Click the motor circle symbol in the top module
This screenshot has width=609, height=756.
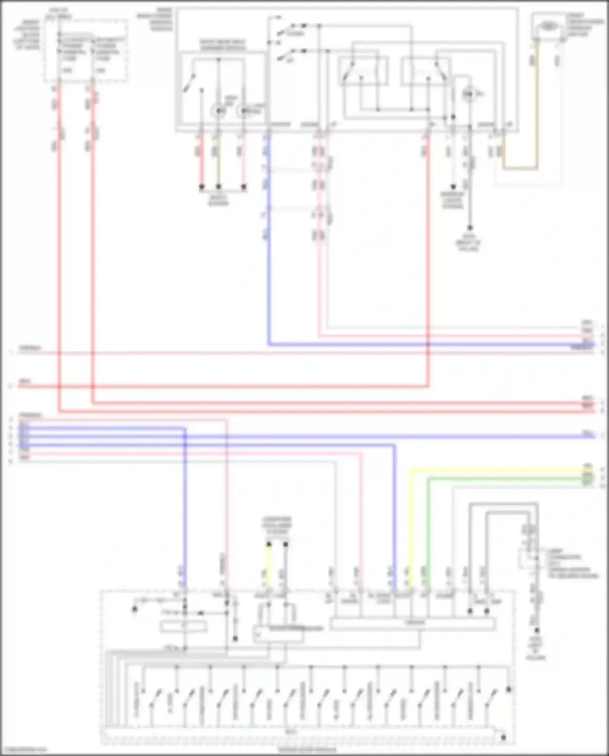coord(468,94)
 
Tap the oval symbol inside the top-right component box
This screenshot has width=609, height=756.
coord(548,26)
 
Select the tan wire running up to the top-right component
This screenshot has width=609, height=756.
coord(537,102)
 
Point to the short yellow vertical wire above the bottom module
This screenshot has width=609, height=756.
coord(268,565)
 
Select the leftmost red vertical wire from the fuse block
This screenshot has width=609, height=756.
coord(59,244)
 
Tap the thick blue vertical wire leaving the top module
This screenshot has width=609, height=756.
coord(268,244)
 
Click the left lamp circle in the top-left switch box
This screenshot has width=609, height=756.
coord(218,110)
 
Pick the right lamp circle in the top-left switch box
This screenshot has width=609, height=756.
coord(244,110)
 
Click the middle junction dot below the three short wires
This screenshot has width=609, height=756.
coord(218,187)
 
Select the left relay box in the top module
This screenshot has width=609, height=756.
coord(363,71)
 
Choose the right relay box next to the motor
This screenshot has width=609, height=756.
coord(425,71)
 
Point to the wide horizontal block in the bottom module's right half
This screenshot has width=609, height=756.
coord(412,623)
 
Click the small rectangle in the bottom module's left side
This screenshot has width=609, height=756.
coord(184,627)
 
